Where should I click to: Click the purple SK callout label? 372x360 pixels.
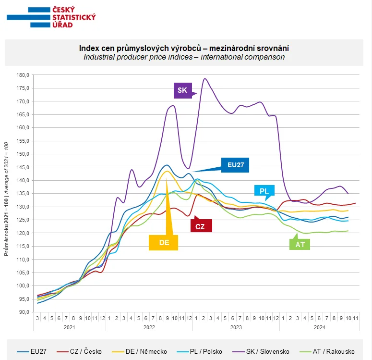[x=182, y=90]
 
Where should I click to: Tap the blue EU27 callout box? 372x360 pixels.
[x=235, y=165]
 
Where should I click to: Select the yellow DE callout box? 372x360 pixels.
[x=164, y=243]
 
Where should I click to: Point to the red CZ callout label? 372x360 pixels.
[x=201, y=226]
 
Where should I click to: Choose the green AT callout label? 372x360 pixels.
[x=300, y=244]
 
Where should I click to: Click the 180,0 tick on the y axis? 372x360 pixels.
[x=23, y=75]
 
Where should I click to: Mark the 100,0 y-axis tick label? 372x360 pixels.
[x=23, y=286]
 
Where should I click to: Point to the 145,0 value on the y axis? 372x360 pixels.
[x=23, y=167]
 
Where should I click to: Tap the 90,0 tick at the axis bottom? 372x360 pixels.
[x=24, y=312]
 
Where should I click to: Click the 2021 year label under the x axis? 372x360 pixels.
[x=70, y=327]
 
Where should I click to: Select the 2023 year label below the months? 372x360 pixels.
[x=236, y=327]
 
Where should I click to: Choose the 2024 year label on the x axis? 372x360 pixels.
[x=319, y=327]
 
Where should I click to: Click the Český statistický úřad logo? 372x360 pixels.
[x=51, y=17]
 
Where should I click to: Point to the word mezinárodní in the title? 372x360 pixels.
[x=235, y=49]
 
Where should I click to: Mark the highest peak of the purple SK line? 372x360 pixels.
[x=205, y=79]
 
